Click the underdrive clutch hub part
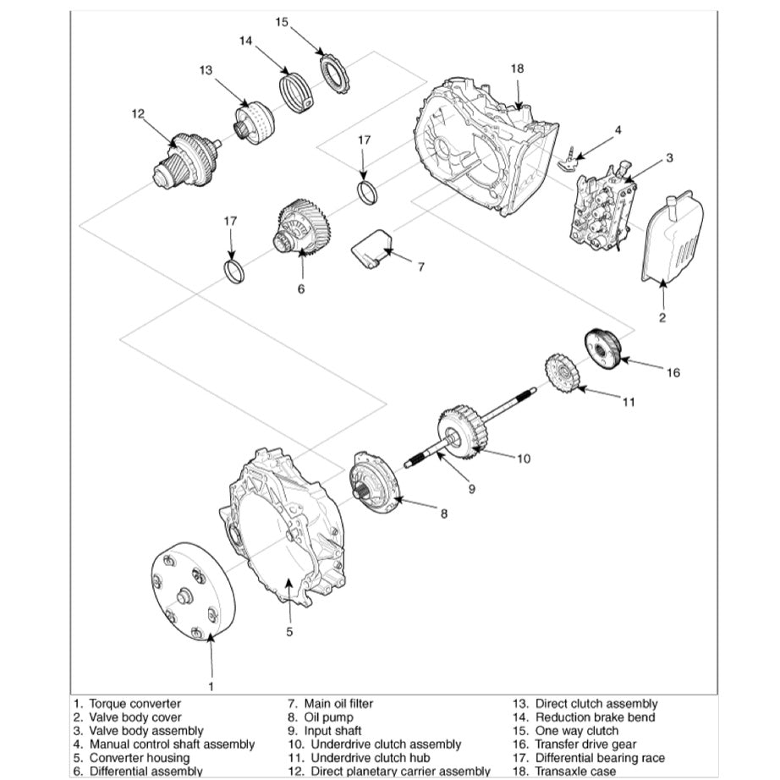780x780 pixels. (x=560, y=374)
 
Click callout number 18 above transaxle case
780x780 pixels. (x=518, y=68)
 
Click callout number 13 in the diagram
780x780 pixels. (x=206, y=70)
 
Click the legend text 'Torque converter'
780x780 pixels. (x=135, y=704)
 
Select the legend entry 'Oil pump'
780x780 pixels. (x=332, y=717)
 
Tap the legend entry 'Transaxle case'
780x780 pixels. (x=575, y=772)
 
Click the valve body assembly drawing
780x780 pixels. (x=601, y=207)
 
